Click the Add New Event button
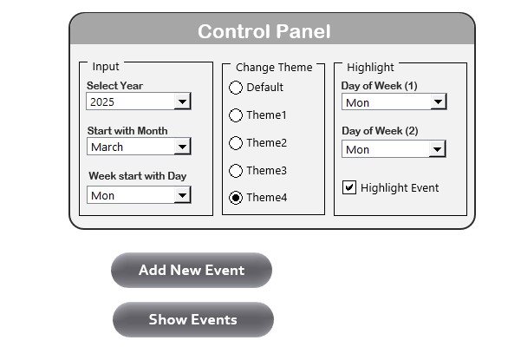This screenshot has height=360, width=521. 192,270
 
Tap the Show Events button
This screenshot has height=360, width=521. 193,319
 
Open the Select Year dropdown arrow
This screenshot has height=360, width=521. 182,101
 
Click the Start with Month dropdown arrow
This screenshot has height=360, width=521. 182,147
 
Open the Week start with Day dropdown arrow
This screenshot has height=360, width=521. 182,195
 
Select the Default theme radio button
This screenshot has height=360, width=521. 236,88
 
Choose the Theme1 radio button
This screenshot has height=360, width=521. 236,115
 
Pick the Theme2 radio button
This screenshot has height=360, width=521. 236,143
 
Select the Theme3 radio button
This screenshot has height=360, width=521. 236,171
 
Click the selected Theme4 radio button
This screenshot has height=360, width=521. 236,198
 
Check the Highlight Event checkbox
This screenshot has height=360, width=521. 349,187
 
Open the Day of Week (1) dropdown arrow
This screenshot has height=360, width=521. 439,101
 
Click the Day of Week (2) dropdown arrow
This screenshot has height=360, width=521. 437,149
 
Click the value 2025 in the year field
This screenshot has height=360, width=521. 102,101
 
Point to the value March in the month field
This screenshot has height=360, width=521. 107,147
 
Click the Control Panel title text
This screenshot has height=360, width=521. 264,31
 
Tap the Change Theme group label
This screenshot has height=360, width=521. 274,67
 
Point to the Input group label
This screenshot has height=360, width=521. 106,67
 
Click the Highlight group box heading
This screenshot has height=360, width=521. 370,67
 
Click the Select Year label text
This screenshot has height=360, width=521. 115,85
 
